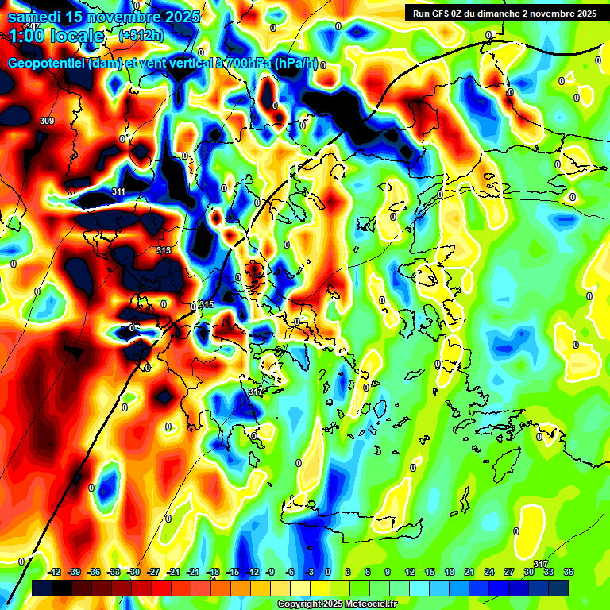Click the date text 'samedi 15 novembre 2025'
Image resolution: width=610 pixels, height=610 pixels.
103,15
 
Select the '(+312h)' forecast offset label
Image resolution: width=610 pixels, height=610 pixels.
142,36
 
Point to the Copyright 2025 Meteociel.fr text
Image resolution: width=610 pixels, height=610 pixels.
338,604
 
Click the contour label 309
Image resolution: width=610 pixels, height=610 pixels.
47,121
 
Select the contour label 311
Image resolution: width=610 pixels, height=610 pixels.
118,191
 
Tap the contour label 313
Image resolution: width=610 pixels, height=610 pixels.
164,250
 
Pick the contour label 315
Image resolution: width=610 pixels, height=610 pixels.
207,305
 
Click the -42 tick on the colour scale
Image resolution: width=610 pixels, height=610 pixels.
55,572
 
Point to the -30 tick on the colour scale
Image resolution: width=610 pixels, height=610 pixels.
133,572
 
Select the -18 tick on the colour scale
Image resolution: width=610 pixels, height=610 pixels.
213,572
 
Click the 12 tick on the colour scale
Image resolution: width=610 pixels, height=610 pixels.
410,572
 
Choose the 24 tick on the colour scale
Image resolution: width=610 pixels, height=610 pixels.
489,572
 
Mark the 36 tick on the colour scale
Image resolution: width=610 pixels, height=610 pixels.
568,572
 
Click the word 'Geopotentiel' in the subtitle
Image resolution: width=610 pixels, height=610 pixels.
48,64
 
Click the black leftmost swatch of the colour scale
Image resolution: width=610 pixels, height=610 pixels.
43,588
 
